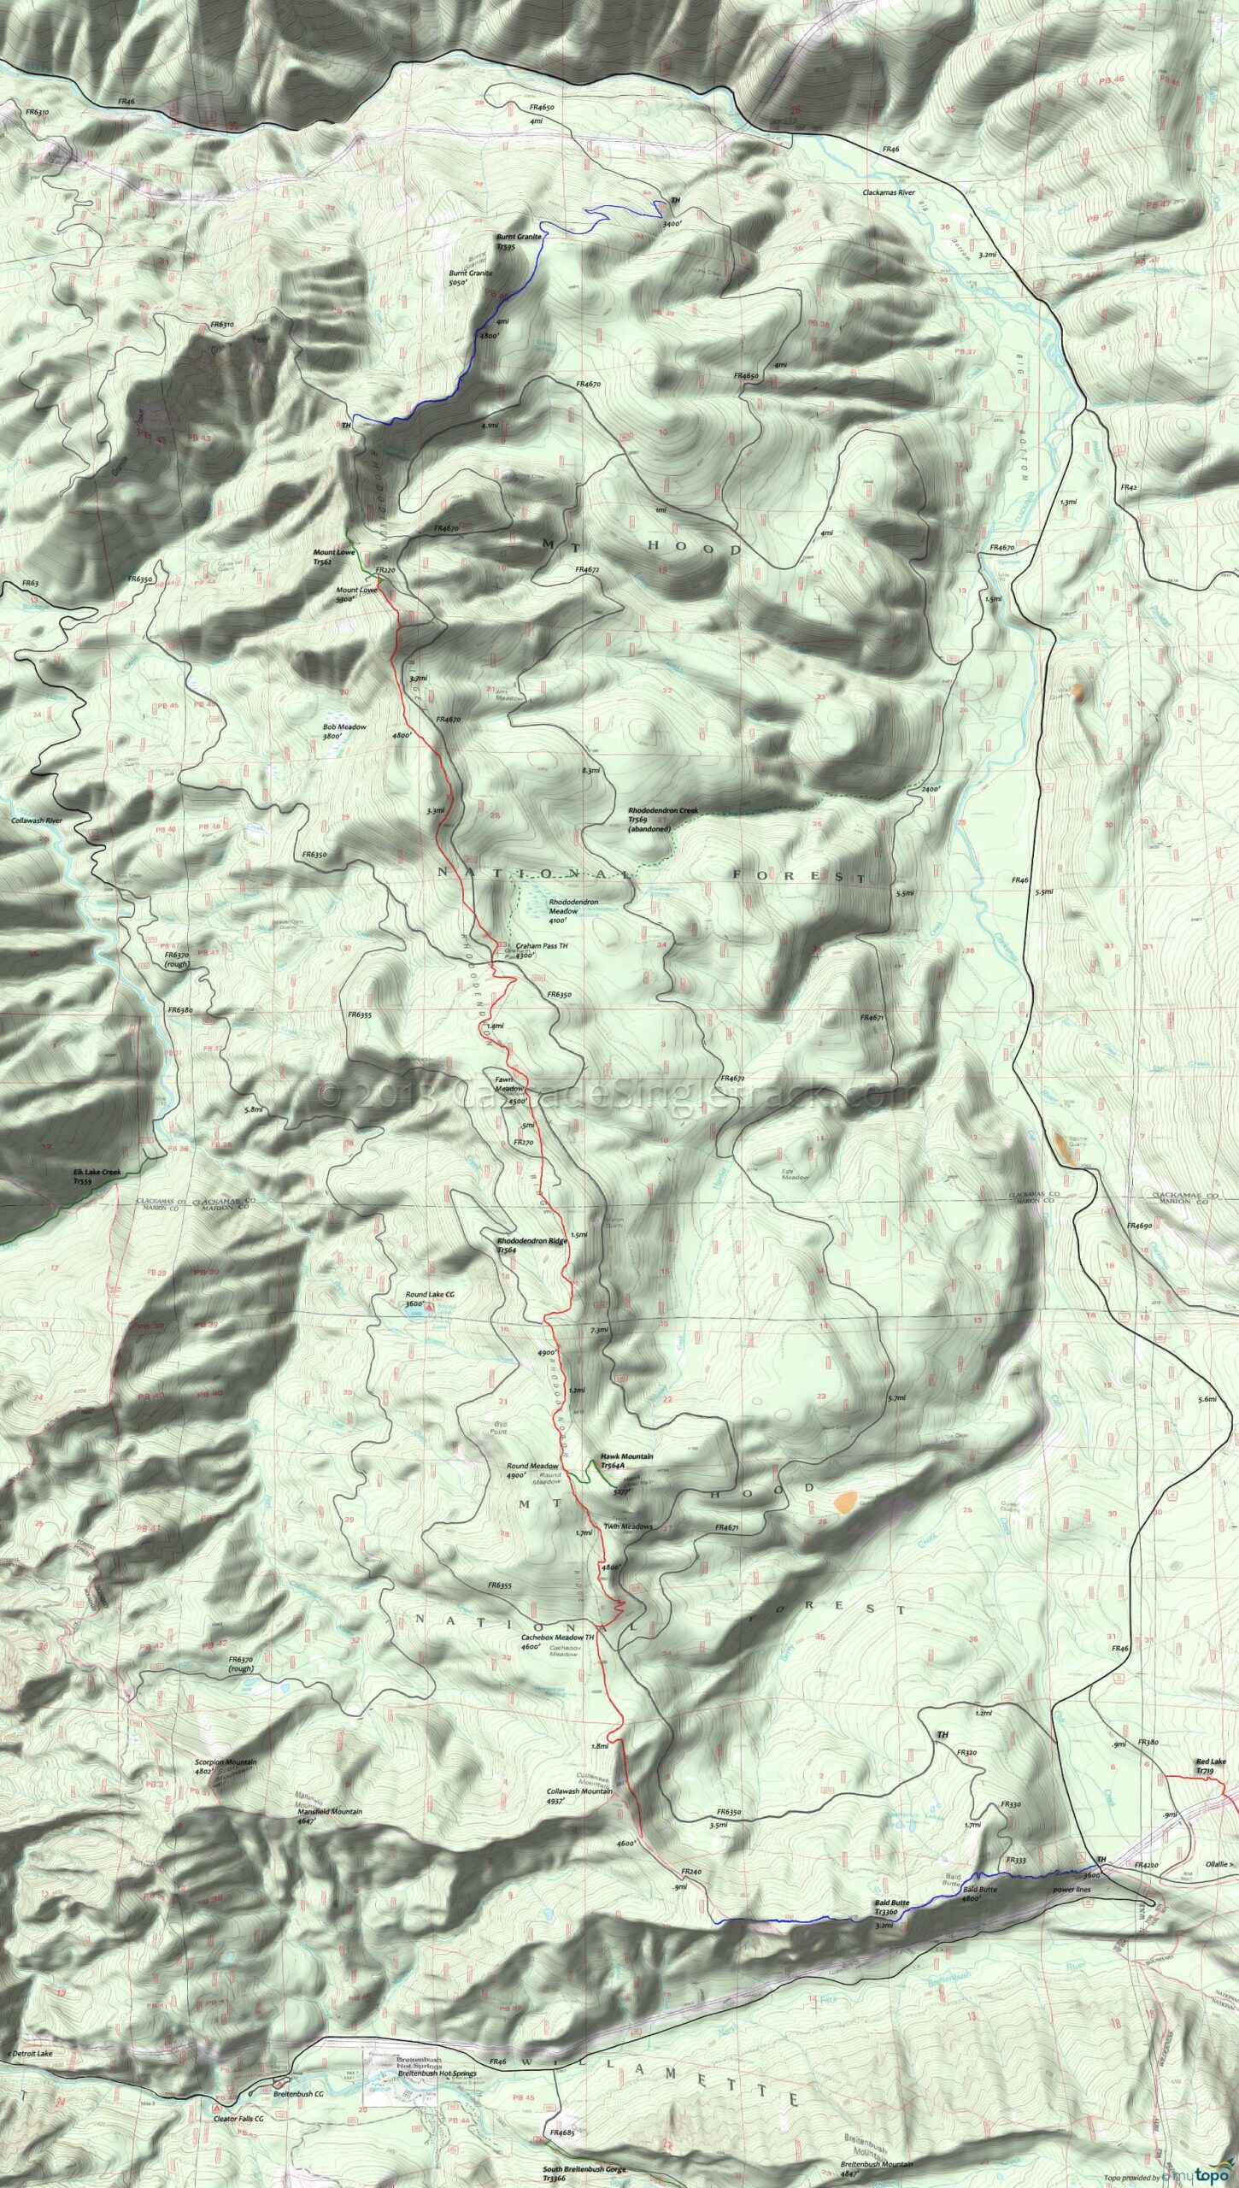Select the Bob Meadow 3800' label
pyautogui.click(x=344, y=731)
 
